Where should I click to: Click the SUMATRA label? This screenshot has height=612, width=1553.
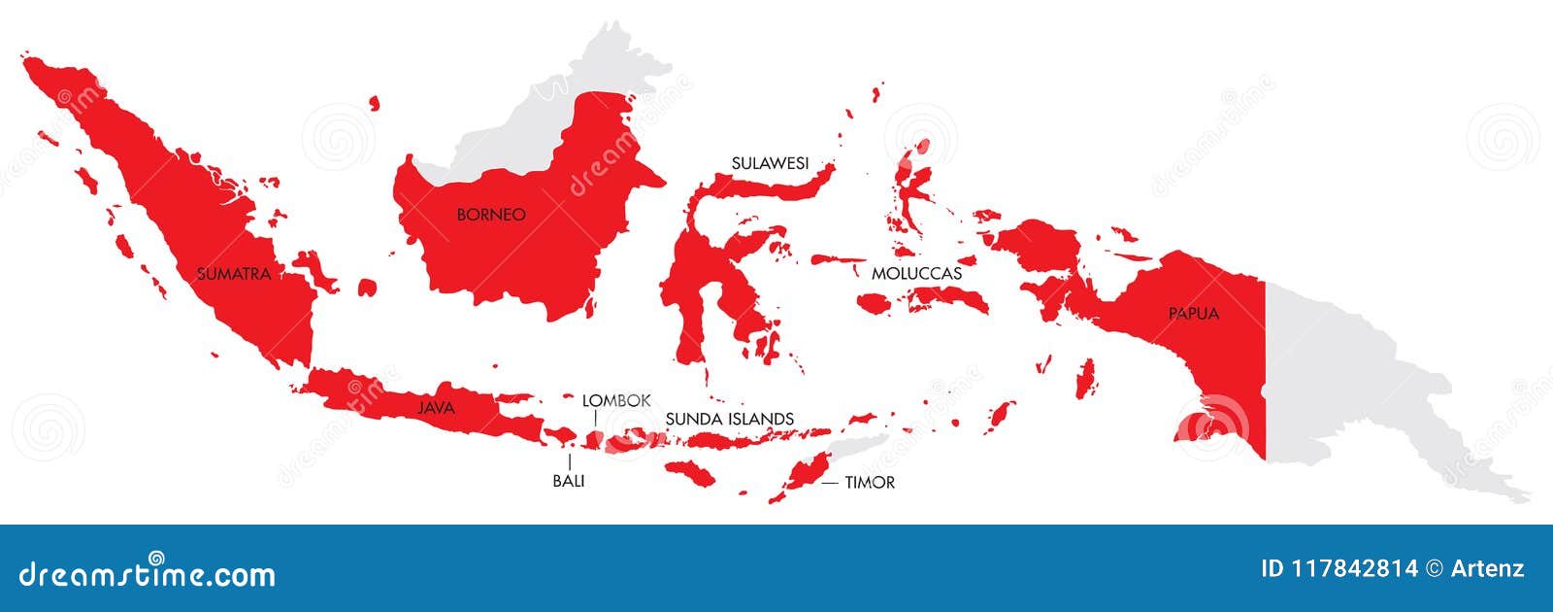click(233, 274)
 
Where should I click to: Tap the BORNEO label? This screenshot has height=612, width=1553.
click(491, 215)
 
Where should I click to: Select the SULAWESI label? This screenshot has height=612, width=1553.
click(770, 163)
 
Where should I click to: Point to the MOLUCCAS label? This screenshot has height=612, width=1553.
click(916, 274)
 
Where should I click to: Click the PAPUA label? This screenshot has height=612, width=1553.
click(1193, 314)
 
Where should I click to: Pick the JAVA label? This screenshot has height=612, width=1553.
click(436, 408)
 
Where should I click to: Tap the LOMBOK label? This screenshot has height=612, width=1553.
click(616, 400)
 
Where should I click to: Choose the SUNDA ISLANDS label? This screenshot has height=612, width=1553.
click(730, 420)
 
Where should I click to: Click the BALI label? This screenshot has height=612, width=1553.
click(569, 481)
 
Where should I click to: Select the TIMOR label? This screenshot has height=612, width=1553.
click(870, 482)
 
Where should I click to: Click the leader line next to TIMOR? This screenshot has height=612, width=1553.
click(830, 482)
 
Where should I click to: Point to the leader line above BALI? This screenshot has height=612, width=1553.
click(569, 461)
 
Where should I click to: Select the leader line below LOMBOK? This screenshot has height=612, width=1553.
click(595, 418)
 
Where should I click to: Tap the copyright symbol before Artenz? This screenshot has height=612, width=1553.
click(1434, 569)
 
